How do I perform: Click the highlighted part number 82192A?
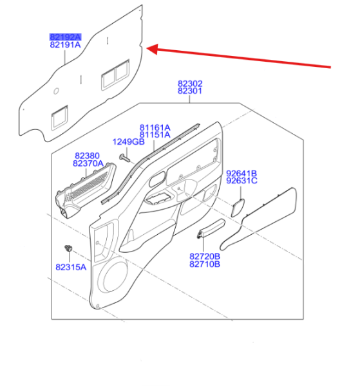tap(65, 37)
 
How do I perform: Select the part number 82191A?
tap(65, 45)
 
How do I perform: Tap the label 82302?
tap(190, 84)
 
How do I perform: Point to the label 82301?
tap(190, 91)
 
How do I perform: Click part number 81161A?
tap(155, 127)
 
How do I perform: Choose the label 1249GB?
tap(128, 142)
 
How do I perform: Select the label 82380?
tap(87, 156)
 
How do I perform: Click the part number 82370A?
tap(88, 163)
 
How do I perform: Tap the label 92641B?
tap(242, 173)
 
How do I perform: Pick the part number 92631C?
tap(242, 181)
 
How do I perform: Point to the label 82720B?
tap(205, 257)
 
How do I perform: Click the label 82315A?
tap(71, 267)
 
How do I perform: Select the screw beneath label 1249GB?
tap(125, 158)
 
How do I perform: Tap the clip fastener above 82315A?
tap(68, 248)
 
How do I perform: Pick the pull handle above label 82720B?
tap(211, 228)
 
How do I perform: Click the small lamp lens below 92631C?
tap(238, 208)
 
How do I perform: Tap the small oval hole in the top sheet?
tap(56, 91)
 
